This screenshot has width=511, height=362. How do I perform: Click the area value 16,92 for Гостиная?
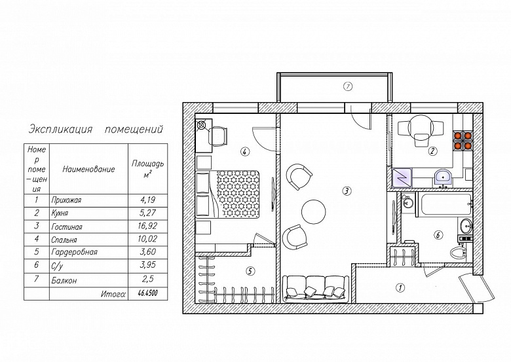pos(147,226)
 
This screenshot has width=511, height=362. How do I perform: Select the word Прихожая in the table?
pos(66,200)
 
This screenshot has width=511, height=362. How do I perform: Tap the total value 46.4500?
pos(147,293)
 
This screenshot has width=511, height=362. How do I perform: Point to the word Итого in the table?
pos(113,295)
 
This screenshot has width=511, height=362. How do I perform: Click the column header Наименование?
pos(88,170)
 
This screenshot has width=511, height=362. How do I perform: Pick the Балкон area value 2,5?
pos(147,279)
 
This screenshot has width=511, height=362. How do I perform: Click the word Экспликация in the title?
pos(61,129)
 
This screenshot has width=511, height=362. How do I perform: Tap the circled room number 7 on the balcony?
pos(348,86)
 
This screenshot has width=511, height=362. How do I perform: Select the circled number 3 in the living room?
pos(347,190)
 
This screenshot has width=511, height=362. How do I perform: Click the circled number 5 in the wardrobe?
pos(250,271)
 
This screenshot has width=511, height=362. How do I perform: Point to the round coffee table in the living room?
pos(314,212)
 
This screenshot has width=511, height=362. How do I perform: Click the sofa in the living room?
pos(316,288)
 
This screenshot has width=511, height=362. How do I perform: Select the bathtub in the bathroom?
pos(444,204)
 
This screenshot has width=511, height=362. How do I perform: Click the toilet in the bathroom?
pos(459,252)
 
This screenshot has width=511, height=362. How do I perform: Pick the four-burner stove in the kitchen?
pos(463,141)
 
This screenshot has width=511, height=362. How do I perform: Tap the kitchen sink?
pos(443,178)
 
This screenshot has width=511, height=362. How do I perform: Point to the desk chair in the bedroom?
pos(218,136)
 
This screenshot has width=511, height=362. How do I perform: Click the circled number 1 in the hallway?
pos(400,287)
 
